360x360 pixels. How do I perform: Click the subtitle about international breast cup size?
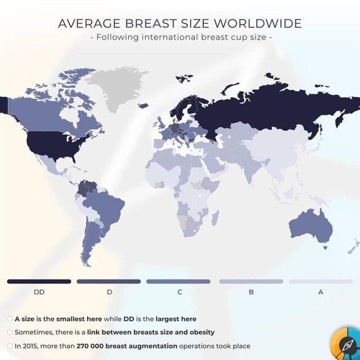[x=180, y=38]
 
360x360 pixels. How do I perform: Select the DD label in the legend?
[x=39, y=292]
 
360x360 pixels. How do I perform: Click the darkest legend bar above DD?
[x=39, y=281]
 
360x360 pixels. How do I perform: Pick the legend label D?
[x=109, y=292]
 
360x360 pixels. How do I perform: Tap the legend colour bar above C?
[x=178, y=281]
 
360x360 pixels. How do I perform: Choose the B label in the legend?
[x=251, y=292]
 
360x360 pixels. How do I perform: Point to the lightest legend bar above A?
[x=321, y=281]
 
